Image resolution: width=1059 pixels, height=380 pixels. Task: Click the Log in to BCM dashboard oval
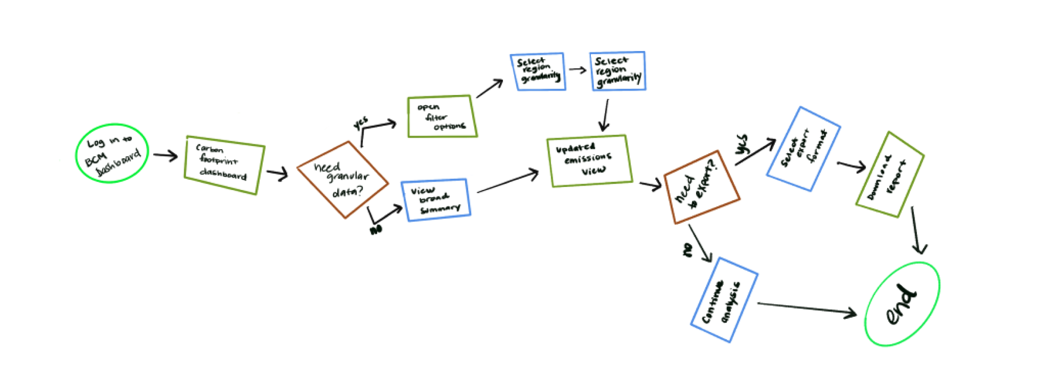tap(112, 153)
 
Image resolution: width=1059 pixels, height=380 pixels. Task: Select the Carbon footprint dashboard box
tap(224, 165)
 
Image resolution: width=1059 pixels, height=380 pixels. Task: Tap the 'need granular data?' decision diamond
tap(342, 179)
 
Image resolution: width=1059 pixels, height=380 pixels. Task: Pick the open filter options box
tap(442, 116)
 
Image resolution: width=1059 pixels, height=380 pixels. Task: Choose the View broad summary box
tap(436, 199)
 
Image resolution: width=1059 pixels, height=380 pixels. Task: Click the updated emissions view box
tap(589, 160)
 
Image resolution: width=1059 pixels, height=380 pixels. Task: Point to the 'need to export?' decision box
tap(701, 187)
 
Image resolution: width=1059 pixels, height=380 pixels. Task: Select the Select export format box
tap(803, 149)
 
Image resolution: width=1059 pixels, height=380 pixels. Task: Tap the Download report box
tap(890, 174)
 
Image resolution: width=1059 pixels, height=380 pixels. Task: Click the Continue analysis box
tap(724, 300)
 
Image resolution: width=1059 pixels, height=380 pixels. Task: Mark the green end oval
tap(902, 304)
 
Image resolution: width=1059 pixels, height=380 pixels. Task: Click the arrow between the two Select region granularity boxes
tap(577, 70)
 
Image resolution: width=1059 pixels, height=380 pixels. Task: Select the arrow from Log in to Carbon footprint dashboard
tap(165, 155)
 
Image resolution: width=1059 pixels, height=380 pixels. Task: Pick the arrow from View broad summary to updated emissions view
tap(508, 182)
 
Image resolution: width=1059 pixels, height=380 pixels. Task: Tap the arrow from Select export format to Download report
tap(851, 166)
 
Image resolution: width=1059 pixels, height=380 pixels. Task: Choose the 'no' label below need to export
tap(688, 250)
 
